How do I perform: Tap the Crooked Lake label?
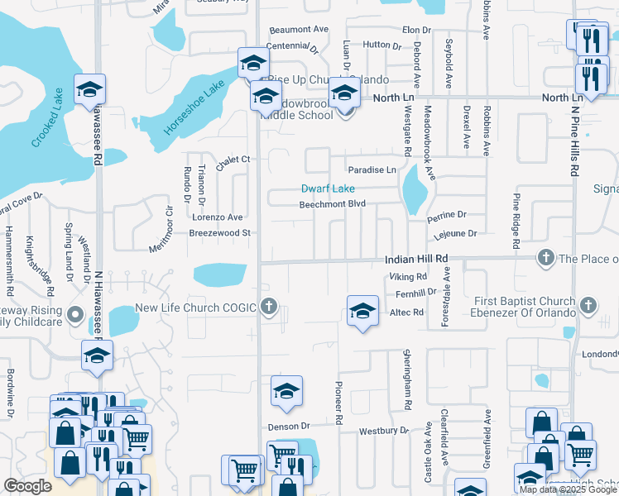click(48, 118)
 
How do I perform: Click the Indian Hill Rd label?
click(416, 259)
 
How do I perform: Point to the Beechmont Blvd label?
click(332, 204)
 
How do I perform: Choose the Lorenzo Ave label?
click(217, 217)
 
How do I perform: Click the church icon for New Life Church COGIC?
click(268, 308)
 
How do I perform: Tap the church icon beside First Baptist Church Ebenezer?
click(588, 306)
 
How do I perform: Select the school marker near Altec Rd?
click(362, 311)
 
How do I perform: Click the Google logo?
click(28, 486)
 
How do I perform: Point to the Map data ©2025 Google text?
click(568, 489)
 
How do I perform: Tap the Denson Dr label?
click(288, 427)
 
